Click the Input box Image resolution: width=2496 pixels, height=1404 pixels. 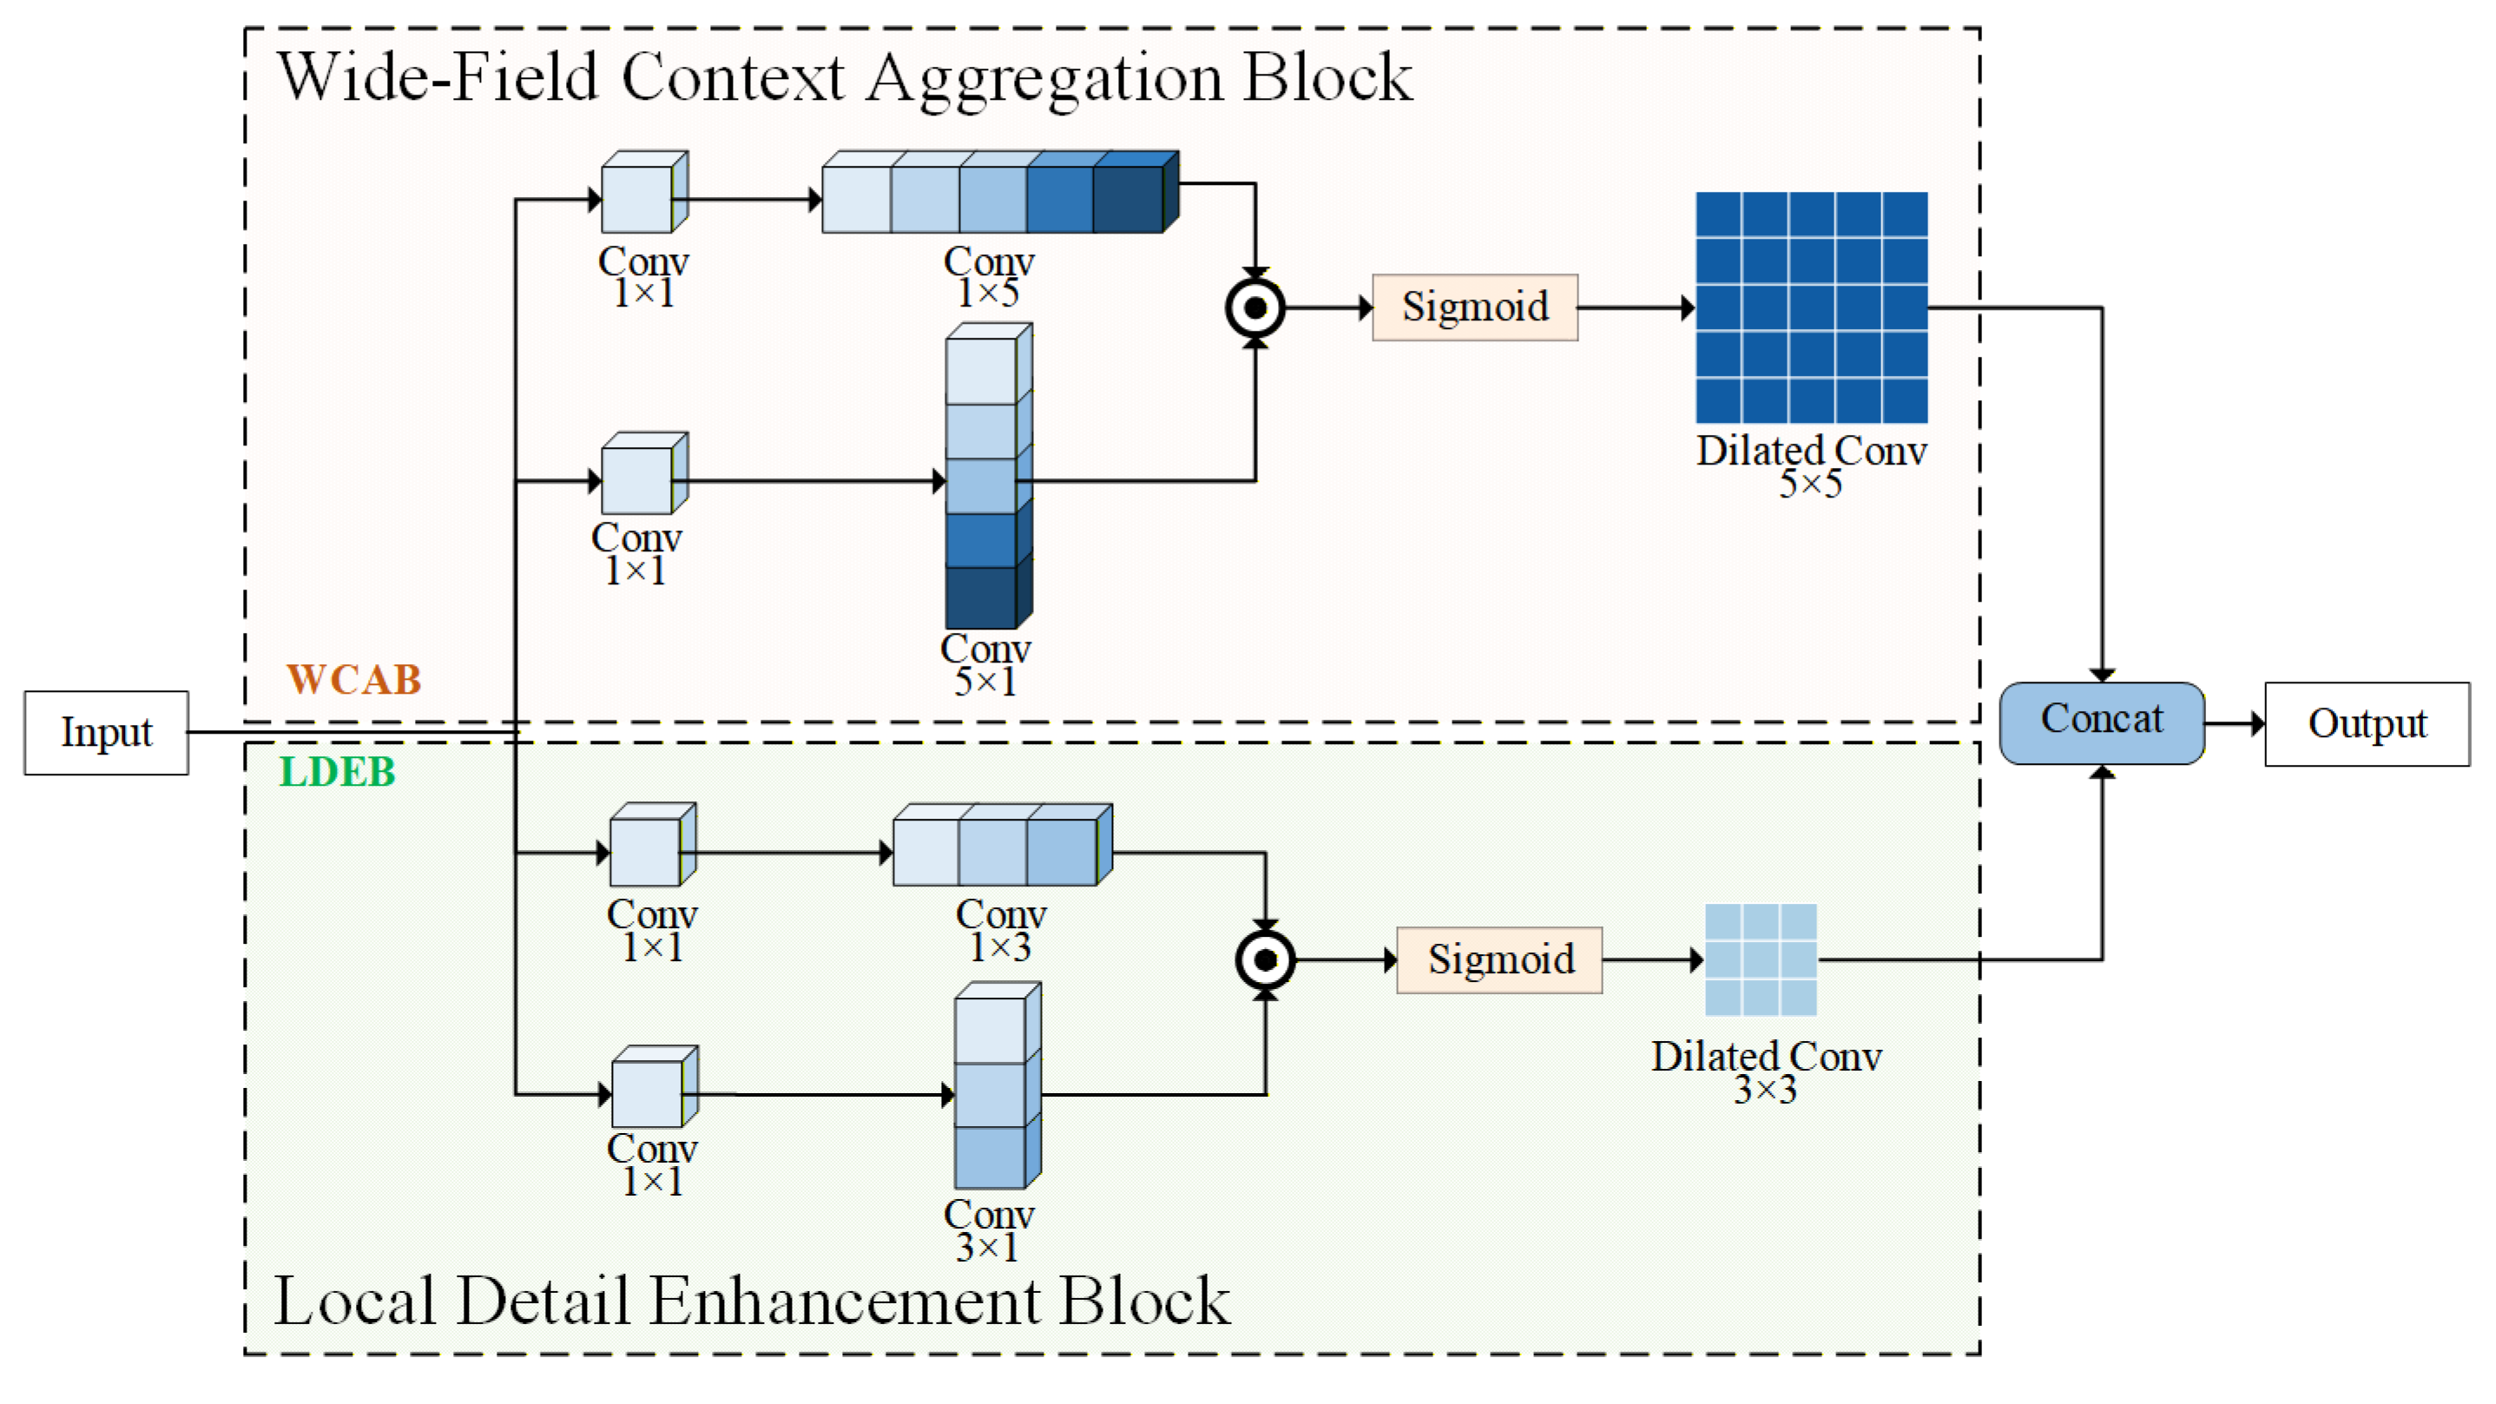click(x=107, y=733)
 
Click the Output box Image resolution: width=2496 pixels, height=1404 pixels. click(x=2366, y=724)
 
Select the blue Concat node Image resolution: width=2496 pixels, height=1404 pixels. click(x=2102, y=722)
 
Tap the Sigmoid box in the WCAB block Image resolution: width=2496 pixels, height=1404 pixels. click(x=1475, y=307)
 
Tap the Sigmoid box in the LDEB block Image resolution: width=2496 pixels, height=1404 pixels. click(x=1499, y=960)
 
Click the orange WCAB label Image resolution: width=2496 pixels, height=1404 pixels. click(x=353, y=679)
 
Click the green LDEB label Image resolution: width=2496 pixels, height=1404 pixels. click(x=337, y=772)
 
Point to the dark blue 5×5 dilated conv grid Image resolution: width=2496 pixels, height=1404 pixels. click(x=1811, y=307)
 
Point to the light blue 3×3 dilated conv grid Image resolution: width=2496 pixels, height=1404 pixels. click(x=1761, y=960)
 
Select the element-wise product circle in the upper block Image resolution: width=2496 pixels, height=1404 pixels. click(x=1255, y=308)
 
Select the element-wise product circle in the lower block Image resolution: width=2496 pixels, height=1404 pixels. click(x=1266, y=960)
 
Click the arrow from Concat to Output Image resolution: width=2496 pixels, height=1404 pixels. click(x=2235, y=724)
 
